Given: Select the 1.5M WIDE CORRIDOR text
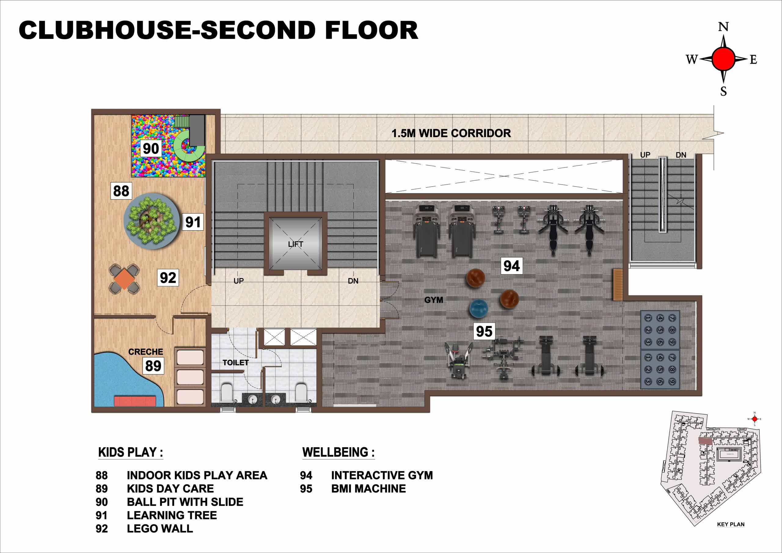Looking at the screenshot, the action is pos(451,133).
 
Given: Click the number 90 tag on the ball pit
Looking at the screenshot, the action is pos(151,148).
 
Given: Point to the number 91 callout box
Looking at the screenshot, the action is pos(193,222).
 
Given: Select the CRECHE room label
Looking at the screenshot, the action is pos(145,352).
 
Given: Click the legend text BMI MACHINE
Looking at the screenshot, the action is pos(368,489).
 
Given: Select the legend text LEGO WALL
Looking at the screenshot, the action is pos(160,529).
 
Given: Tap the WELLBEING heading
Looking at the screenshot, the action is pos(338,452).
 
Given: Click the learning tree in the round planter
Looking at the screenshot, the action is pos(152,222).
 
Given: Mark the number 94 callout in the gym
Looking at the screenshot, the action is pos(512,266).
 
